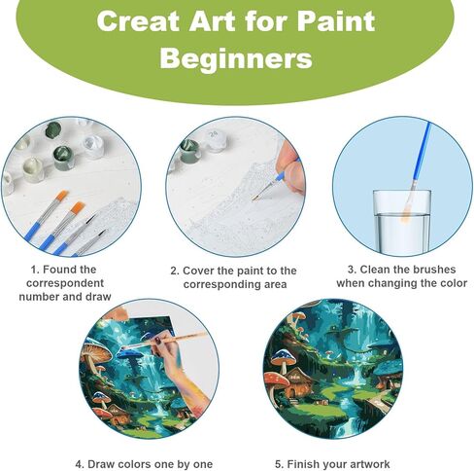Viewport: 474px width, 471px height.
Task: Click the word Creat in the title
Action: click(x=138, y=20)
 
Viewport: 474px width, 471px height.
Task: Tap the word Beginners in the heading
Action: click(x=236, y=58)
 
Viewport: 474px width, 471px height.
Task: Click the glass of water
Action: click(x=402, y=221)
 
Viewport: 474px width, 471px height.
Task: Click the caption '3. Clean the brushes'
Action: click(x=401, y=270)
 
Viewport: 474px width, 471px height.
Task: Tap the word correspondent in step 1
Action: click(x=65, y=283)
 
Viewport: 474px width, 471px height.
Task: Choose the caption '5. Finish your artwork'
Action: click(x=332, y=464)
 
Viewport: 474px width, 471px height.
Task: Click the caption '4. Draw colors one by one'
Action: click(x=144, y=464)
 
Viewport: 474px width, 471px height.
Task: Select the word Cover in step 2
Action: click(x=198, y=271)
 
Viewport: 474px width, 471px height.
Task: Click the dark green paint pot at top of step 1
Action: click(x=53, y=130)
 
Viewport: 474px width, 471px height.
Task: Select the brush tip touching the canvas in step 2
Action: click(x=255, y=198)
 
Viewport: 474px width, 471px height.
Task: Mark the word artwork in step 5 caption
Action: click(x=370, y=464)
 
